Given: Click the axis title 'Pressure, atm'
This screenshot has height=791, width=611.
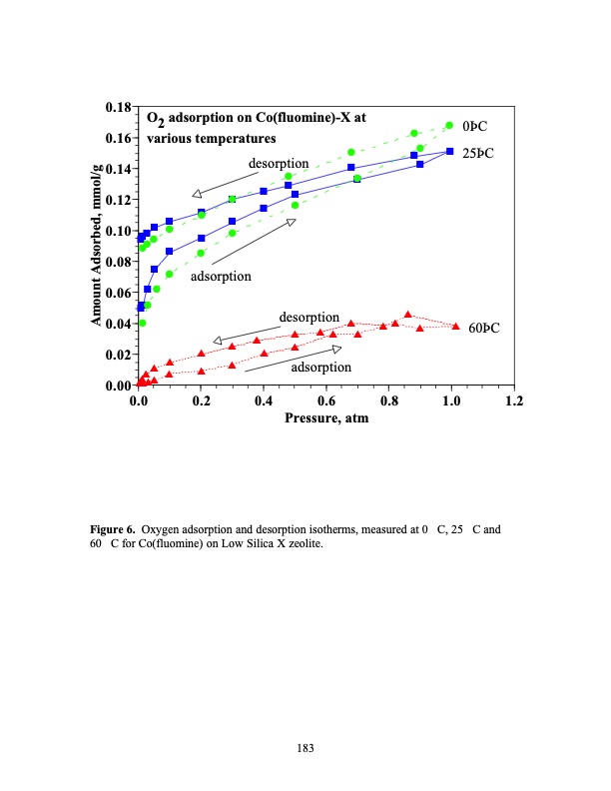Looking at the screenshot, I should (327, 419).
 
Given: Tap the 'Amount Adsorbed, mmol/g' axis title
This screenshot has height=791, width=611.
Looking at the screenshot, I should (97, 245).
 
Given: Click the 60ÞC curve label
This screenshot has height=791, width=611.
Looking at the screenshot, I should (483, 329).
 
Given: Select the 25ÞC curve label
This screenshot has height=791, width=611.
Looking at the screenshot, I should (484, 153).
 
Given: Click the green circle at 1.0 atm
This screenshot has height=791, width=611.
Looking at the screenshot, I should (449, 126).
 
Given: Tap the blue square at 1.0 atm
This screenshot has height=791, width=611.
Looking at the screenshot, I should (450, 152).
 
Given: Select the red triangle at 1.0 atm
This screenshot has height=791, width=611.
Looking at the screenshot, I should (456, 326).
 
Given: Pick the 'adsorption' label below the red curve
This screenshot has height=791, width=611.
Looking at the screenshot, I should (320, 368).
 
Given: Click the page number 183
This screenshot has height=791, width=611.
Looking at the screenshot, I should (306, 746).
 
